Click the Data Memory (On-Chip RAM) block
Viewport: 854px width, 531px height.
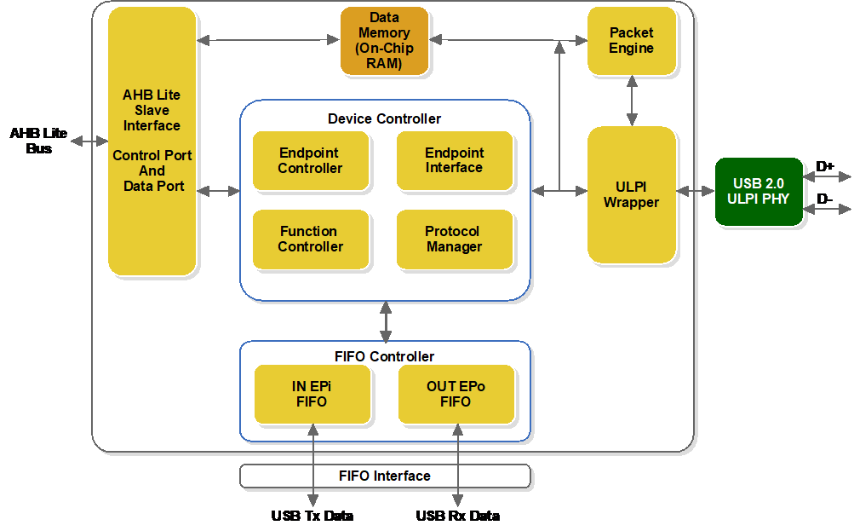point(384,41)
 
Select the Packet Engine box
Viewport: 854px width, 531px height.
point(631,40)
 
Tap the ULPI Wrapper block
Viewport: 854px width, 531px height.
point(631,194)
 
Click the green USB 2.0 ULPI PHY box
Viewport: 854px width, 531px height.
point(759,191)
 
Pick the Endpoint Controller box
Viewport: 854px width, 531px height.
point(310,160)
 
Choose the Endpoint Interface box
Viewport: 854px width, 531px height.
point(454,160)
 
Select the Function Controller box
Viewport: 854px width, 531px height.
point(310,240)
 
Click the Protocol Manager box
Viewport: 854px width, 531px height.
point(454,240)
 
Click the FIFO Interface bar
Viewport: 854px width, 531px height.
point(385,476)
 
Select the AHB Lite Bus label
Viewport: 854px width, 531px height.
point(38,141)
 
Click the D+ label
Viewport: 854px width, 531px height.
point(825,166)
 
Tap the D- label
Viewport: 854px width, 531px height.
point(825,199)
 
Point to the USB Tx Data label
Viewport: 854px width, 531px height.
point(312,516)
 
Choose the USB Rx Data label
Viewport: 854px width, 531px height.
point(457,516)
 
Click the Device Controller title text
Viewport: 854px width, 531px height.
point(385,118)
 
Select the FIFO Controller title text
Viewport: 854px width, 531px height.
point(385,356)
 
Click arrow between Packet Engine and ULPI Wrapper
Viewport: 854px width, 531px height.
point(631,100)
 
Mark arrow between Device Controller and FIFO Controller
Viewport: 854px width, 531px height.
point(386,321)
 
